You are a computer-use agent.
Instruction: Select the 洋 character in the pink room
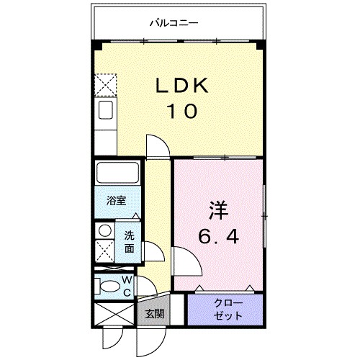pyautogui.click(x=218, y=212)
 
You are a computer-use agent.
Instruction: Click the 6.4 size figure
pyautogui.click(x=218, y=235)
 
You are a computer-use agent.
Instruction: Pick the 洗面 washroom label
pyautogui.click(x=128, y=242)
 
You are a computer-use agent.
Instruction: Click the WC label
pyautogui.click(x=126, y=285)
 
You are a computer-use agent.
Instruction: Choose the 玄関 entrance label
pyautogui.click(x=153, y=314)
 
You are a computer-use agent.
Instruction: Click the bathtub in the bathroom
pyautogui.click(x=117, y=174)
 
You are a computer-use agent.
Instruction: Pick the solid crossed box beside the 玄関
pyautogui.click(x=114, y=315)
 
